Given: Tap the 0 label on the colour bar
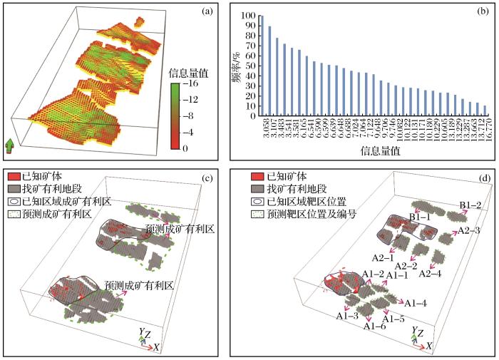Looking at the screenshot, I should tap(185, 148).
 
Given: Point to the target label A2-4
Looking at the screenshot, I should tap(431, 273).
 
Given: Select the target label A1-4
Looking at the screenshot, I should tap(415, 303).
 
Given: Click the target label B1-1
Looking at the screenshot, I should tap(419, 216).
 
